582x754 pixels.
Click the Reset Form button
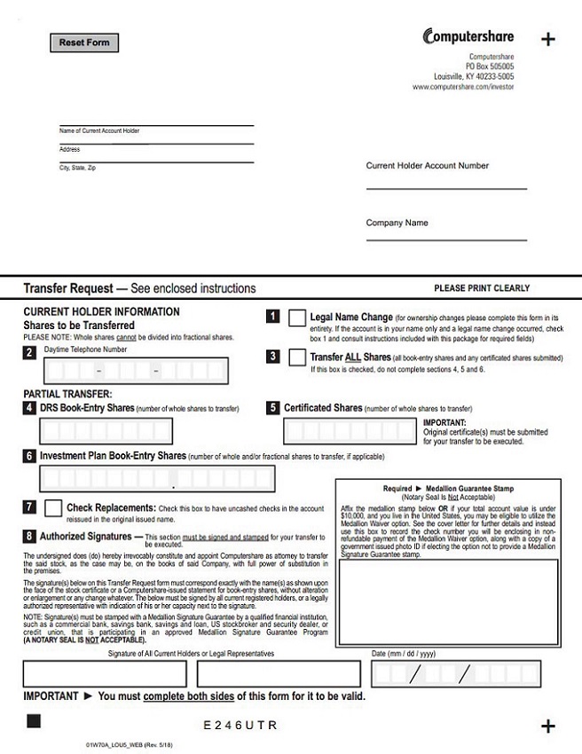pyautogui.click(x=84, y=43)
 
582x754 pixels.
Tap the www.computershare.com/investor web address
pyautogui.click(x=463, y=87)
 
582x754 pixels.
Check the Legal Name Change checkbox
pyautogui.click(x=297, y=318)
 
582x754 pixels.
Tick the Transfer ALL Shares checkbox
pyautogui.click(x=297, y=357)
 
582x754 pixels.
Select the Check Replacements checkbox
pyautogui.click(x=53, y=509)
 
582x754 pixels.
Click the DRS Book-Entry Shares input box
pyautogui.click(x=106, y=431)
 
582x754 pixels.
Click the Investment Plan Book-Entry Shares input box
pyautogui.click(x=157, y=479)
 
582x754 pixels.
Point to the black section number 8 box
pyautogui.click(x=30, y=537)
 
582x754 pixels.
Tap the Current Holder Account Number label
pyautogui.click(x=427, y=166)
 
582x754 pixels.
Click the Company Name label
pyautogui.click(x=397, y=224)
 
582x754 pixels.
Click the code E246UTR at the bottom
pyautogui.click(x=240, y=726)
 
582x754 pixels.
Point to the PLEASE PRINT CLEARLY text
pyautogui.click(x=481, y=288)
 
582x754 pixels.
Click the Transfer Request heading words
pyautogui.click(x=68, y=288)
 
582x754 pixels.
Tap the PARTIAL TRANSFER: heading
pyautogui.click(x=67, y=394)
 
